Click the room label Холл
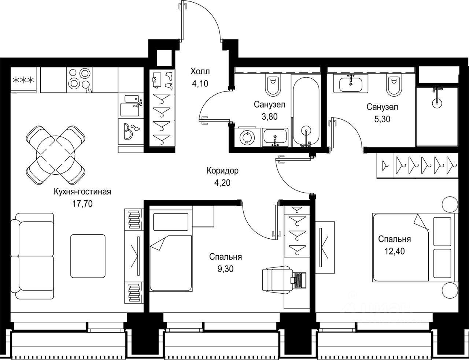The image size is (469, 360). (x=200, y=71)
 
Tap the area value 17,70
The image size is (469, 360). (x=82, y=203)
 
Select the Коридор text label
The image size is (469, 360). (x=222, y=171)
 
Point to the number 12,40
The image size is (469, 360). (x=395, y=251)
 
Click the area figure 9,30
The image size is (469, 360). (x=225, y=269)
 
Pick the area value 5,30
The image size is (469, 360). (x=382, y=119)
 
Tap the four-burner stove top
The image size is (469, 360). (x=79, y=80)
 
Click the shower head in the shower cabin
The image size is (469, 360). (x=437, y=103)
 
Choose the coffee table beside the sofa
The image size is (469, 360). (x=88, y=256)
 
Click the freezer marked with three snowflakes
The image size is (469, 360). (x=23, y=80)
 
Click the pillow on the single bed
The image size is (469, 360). (x=170, y=222)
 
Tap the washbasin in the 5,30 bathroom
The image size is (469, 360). (x=351, y=84)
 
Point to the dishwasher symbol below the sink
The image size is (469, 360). (x=131, y=131)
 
